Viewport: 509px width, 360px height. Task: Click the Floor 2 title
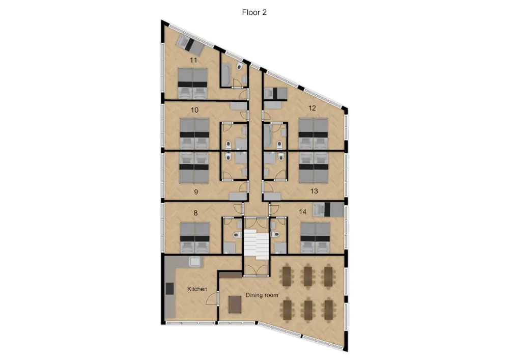coord(254,13)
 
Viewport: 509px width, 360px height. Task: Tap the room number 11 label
coord(193,60)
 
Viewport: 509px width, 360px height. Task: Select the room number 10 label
coord(194,110)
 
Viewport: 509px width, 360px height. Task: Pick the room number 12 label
coord(312,108)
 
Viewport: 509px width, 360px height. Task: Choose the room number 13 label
coord(314,191)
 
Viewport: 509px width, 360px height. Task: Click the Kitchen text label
coord(197,289)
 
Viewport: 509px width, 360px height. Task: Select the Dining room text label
coord(262,295)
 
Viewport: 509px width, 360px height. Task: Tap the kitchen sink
coord(194,262)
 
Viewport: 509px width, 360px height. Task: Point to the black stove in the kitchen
coord(169,288)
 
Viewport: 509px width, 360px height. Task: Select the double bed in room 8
coord(194,237)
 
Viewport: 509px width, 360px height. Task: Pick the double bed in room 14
coord(315,237)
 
